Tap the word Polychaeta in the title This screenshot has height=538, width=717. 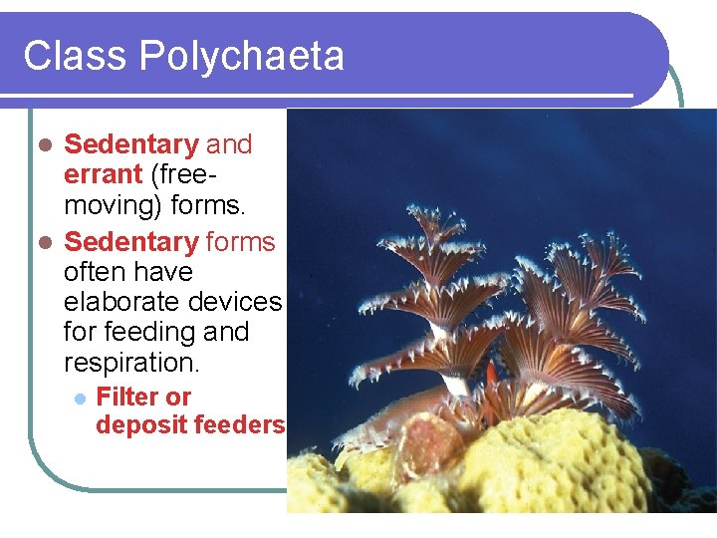[x=242, y=56]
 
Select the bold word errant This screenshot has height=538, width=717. [x=104, y=174]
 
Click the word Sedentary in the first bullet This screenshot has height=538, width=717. [x=131, y=144]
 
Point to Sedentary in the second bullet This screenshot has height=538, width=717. [x=131, y=242]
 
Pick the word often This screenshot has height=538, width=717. [x=92, y=272]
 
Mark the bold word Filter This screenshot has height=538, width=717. [x=128, y=397]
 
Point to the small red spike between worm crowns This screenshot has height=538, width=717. [x=491, y=374]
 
